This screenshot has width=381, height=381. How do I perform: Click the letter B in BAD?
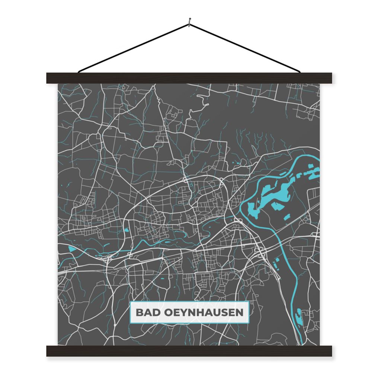click(139, 312)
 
